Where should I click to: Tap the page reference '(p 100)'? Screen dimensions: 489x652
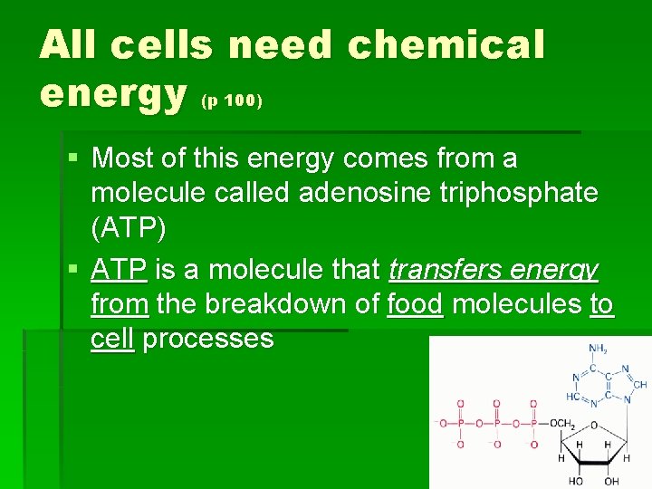(x=232, y=101)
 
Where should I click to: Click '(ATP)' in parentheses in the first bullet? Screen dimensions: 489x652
(x=129, y=228)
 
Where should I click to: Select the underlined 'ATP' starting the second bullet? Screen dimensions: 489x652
(x=120, y=269)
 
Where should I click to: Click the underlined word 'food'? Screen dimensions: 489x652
(x=415, y=305)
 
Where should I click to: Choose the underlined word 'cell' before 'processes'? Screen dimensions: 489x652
(x=112, y=339)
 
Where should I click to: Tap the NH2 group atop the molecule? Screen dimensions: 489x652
(x=597, y=349)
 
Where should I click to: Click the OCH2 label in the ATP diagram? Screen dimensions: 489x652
(x=561, y=423)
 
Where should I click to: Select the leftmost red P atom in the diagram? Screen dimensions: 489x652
(x=459, y=423)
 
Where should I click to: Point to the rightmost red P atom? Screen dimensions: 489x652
(x=533, y=423)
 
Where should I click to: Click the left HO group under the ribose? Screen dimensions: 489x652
(x=576, y=481)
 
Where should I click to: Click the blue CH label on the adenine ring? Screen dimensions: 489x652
(x=639, y=385)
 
